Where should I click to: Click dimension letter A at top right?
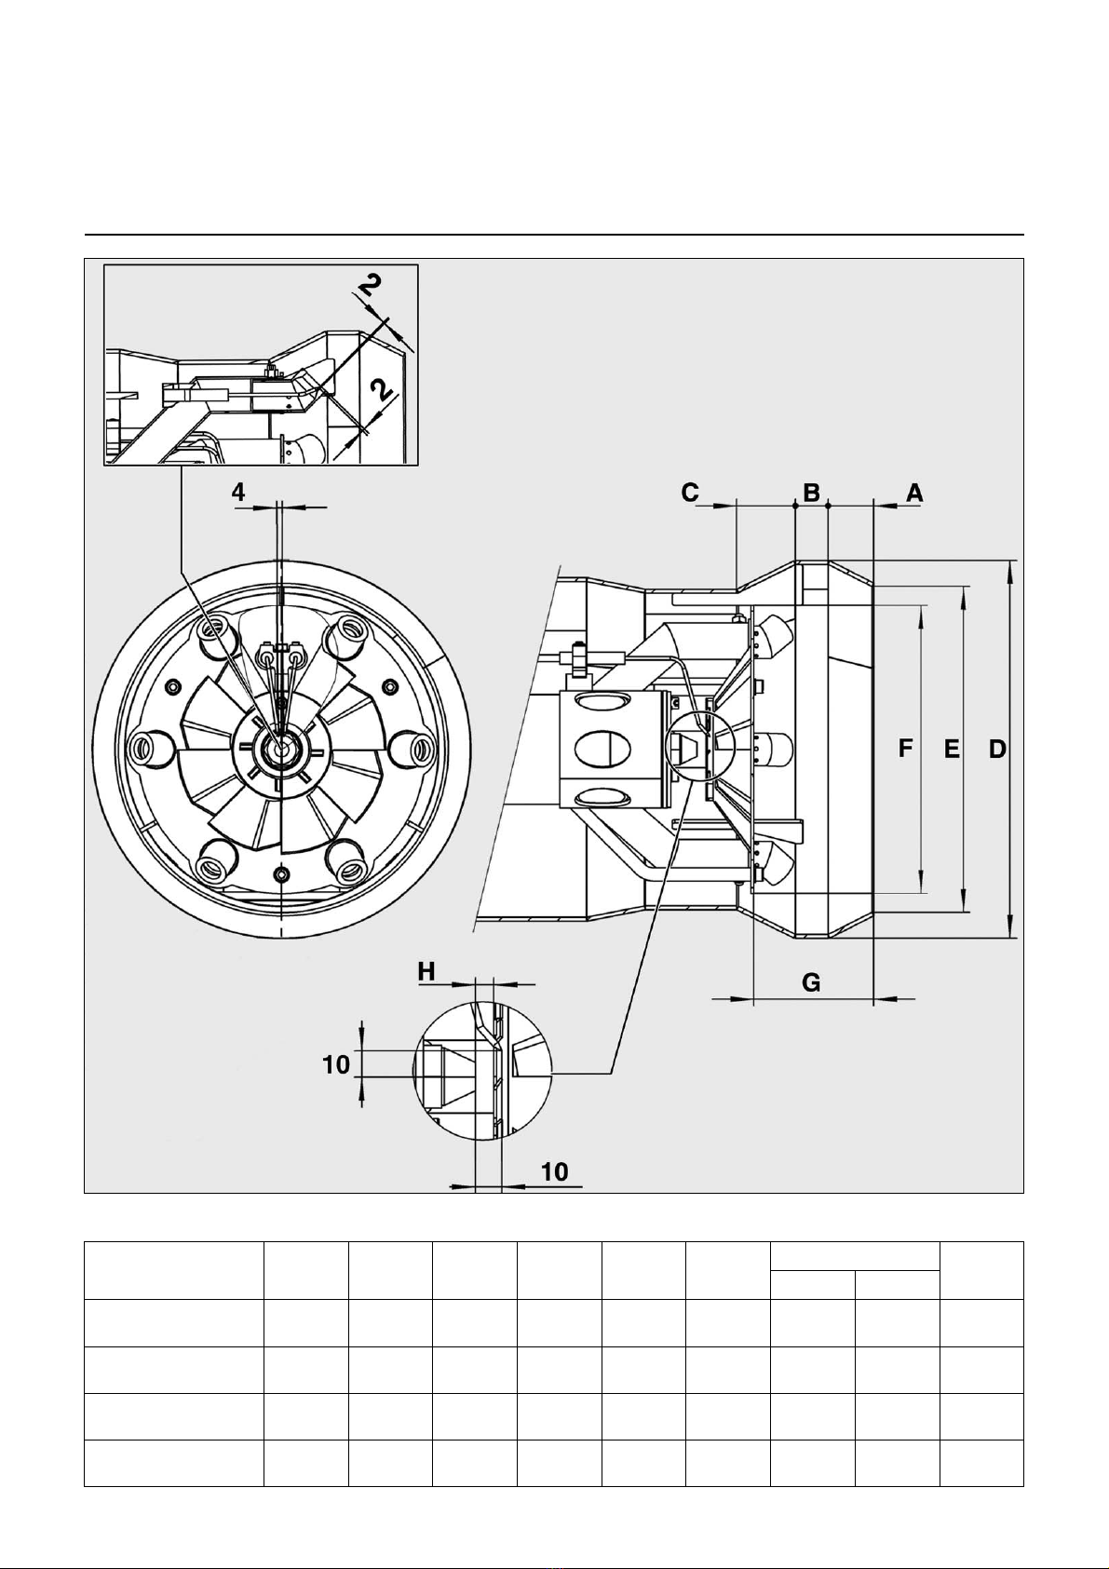pos(915,494)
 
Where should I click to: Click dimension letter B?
pos(811,494)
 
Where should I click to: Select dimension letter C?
pos(690,494)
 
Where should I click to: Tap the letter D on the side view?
pos(997,751)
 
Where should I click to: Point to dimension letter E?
pos(952,751)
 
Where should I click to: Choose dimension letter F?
pos(907,750)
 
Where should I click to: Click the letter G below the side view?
pos(811,983)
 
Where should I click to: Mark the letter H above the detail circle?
pos(426,971)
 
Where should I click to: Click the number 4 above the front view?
pos(239,493)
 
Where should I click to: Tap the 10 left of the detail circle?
pos(336,1065)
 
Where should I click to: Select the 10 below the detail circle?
pos(555,1171)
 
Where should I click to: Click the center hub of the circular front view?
pos(281,747)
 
